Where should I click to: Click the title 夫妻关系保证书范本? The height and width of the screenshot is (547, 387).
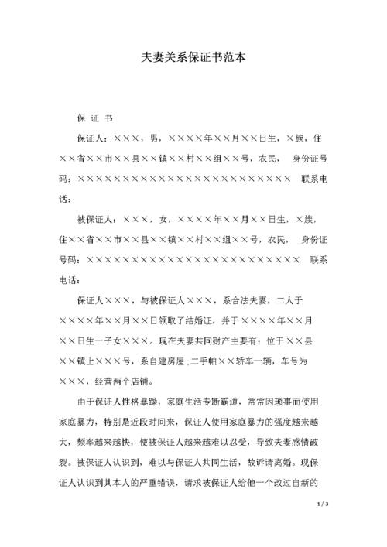coord(193,56)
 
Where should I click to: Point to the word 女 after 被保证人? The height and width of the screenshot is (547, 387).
coord(163,219)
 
